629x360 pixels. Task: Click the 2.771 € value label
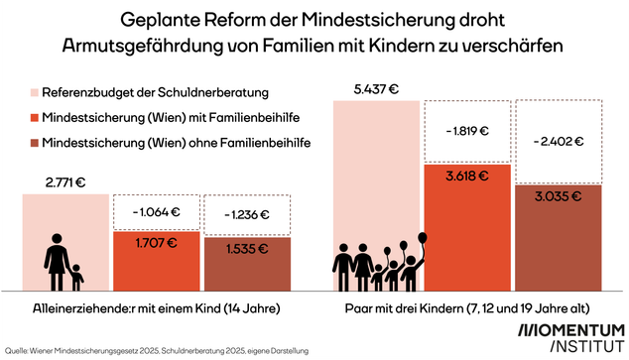coord(65,182)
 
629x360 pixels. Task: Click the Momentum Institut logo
coord(572,336)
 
